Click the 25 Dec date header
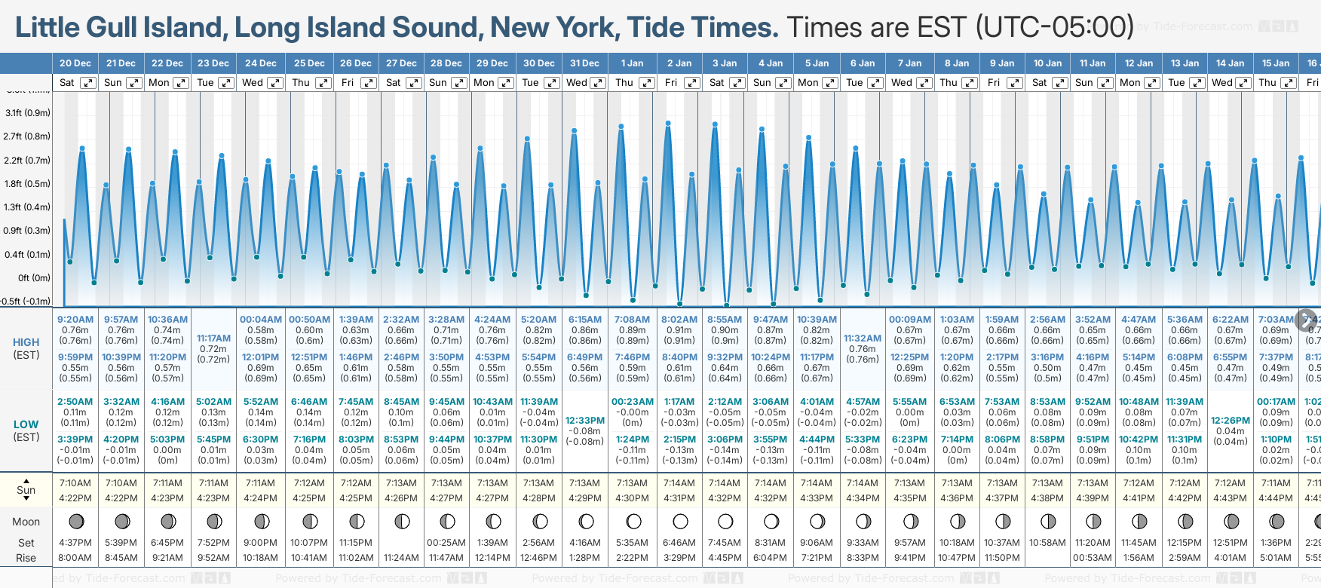pos(309,63)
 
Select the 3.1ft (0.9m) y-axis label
pos(28,113)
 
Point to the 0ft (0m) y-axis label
pos(34,277)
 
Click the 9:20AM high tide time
pos(75,320)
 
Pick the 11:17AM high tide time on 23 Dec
pos(213,338)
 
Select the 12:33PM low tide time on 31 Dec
pos(585,421)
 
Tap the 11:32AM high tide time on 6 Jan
pos(863,338)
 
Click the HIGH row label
pos(26,342)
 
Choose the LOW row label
pos(26,424)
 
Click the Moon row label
pos(26,522)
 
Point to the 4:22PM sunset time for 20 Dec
pos(75,498)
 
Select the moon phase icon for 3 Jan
pos(725,522)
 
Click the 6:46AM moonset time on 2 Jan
pos(679,543)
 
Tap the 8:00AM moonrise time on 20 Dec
pos(75,558)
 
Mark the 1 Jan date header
pos(632,63)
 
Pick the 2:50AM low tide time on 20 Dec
pos(75,402)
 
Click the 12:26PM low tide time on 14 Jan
pos(1231,421)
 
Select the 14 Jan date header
pos(1231,63)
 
